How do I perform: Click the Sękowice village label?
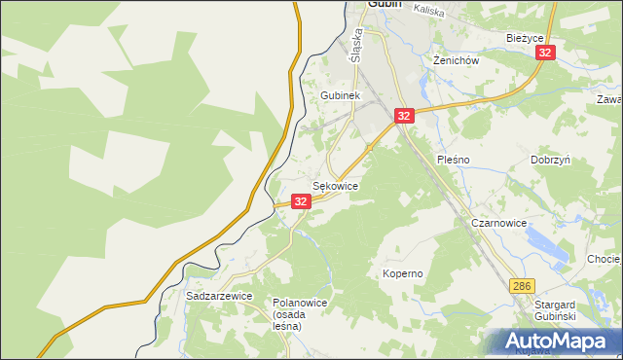335,185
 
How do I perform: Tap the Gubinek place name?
341,96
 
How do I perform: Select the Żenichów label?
456,59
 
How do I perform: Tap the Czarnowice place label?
498,223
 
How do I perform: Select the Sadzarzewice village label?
219,295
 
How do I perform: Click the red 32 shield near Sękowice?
301,201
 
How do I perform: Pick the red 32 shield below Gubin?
405,116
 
